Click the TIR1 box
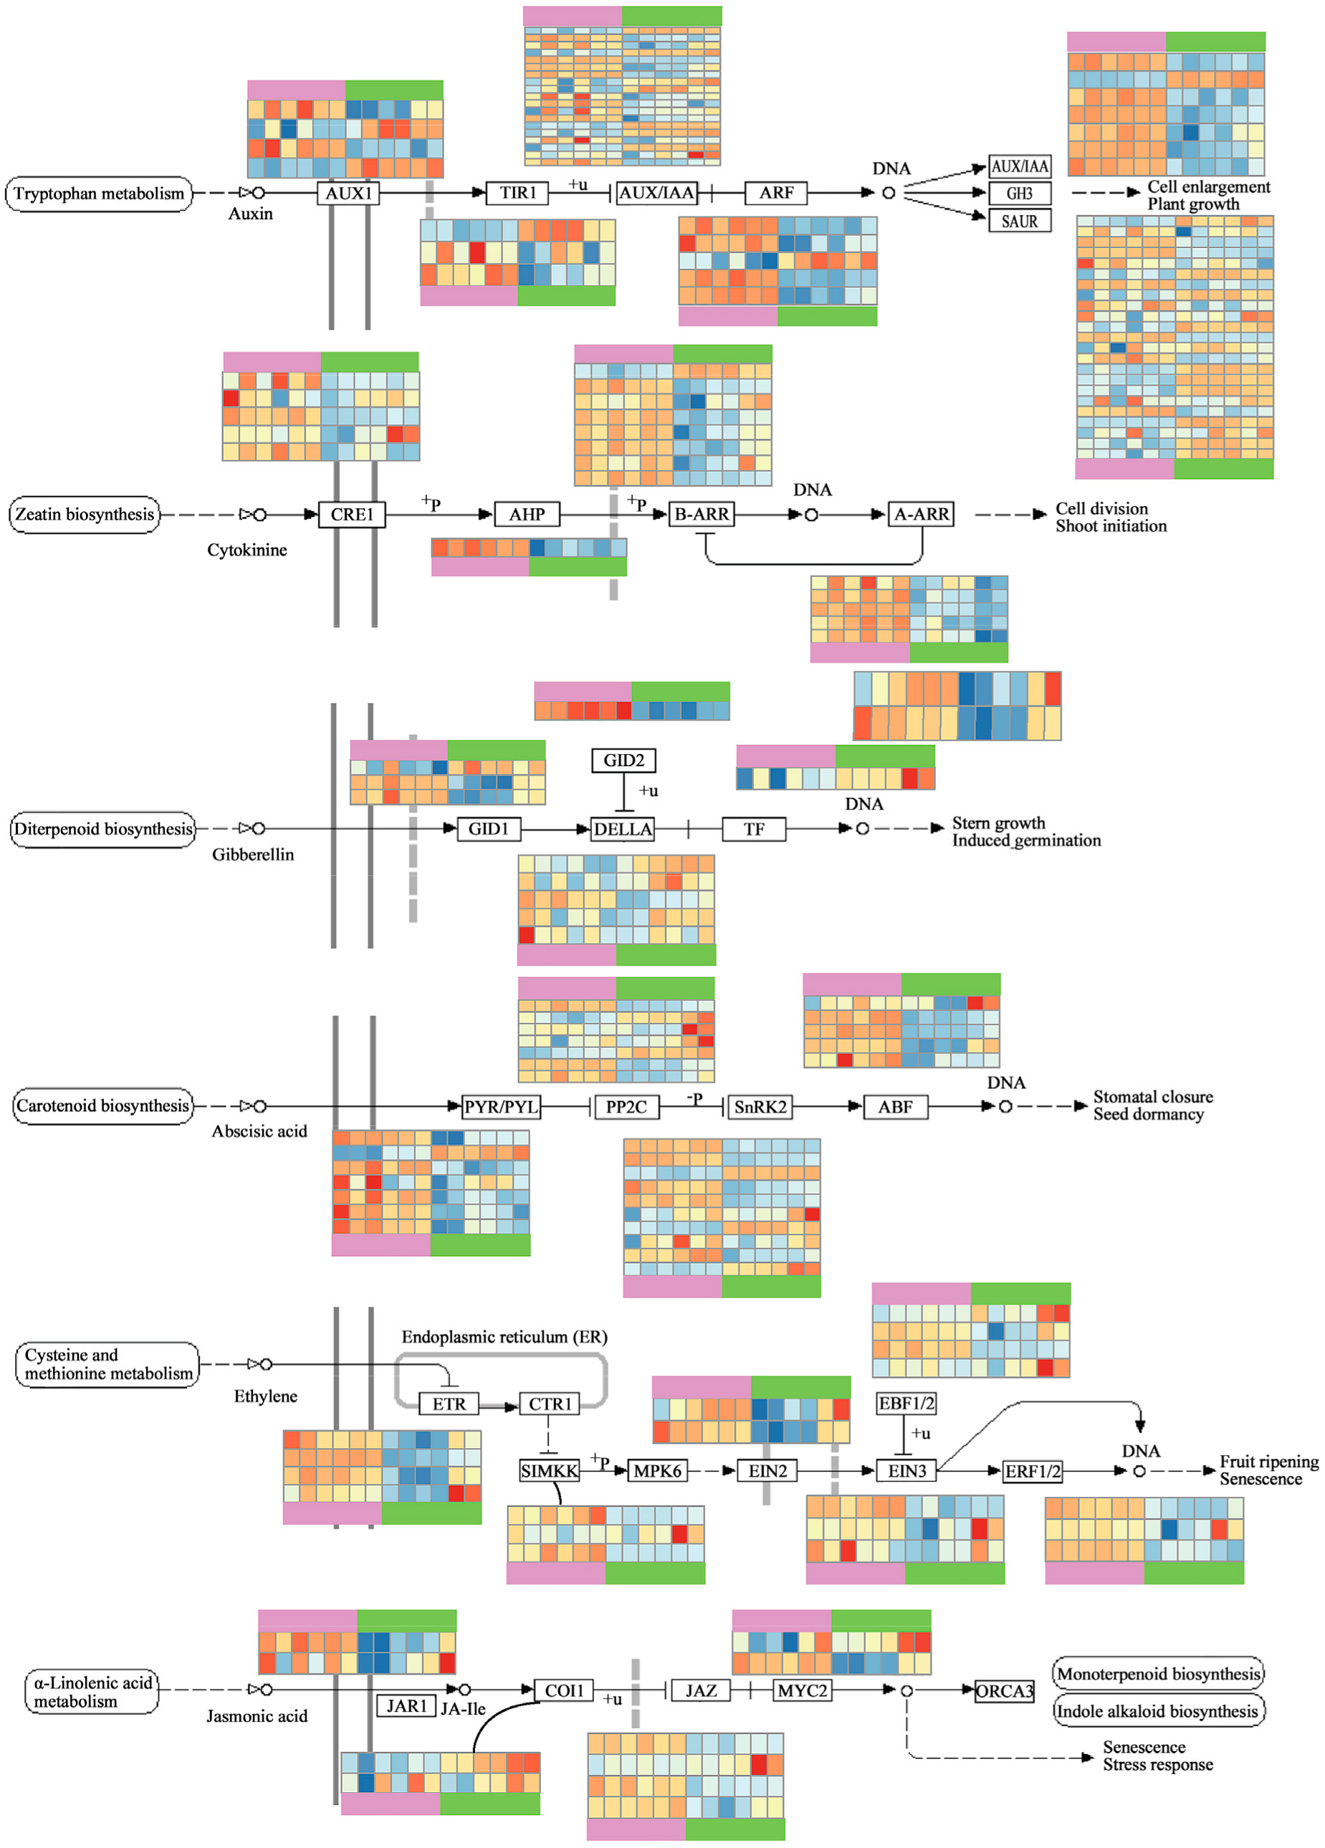click(517, 193)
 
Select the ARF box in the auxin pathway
click(775, 193)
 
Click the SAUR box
click(1019, 222)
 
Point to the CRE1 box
click(351, 515)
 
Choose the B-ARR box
click(701, 515)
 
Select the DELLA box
click(622, 829)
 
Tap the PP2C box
click(626, 1108)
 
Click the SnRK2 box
click(760, 1108)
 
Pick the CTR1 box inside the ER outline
click(550, 1404)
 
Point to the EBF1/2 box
click(906, 1403)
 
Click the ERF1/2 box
click(1032, 1472)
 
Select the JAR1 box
click(406, 1706)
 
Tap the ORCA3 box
click(1004, 1692)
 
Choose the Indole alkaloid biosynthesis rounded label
click(1157, 1711)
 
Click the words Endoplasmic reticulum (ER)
click(504, 1337)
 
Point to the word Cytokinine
click(247, 550)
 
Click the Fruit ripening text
click(1268, 1462)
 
